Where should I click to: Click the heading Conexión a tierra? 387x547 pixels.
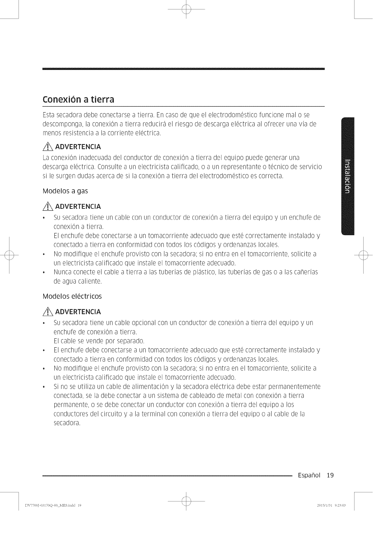click(x=78, y=99)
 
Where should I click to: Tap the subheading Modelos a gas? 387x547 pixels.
click(x=65, y=191)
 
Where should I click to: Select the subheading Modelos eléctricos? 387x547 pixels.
click(x=72, y=296)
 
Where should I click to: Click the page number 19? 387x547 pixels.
click(x=330, y=475)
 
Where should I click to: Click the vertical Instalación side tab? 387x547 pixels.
click(x=348, y=176)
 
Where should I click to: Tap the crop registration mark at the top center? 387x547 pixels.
click(x=186, y=10)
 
